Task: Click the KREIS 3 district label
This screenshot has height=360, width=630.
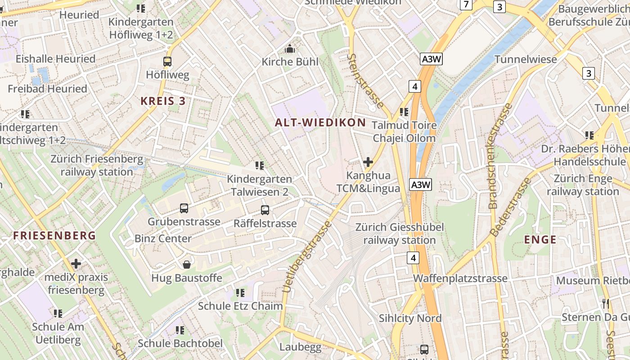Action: [163, 101]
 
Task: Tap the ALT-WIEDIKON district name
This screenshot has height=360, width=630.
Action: [320, 122]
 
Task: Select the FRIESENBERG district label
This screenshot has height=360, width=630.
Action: [54, 235]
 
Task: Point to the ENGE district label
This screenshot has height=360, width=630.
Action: [540, 239]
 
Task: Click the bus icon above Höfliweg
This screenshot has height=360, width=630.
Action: [167, 62]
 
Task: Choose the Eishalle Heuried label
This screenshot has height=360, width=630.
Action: [55, 59]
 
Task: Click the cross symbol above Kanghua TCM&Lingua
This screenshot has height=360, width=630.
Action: [368, 162]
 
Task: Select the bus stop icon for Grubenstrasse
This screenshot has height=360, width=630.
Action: [184, 208]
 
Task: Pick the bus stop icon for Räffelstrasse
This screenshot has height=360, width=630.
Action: [265, 210]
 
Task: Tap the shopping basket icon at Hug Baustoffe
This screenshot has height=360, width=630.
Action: [187, 264]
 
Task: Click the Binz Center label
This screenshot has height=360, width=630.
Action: [163, 238]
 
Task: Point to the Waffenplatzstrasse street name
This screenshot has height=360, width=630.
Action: [460, 279]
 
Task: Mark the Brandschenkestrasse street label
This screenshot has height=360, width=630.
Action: [500, 156]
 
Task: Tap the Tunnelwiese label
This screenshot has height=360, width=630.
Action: [526, 59]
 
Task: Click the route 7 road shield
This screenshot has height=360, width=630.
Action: [466, 5]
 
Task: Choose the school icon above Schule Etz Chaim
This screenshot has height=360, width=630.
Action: [240, 293]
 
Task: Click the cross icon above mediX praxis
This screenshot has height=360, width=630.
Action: [76, 263]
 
